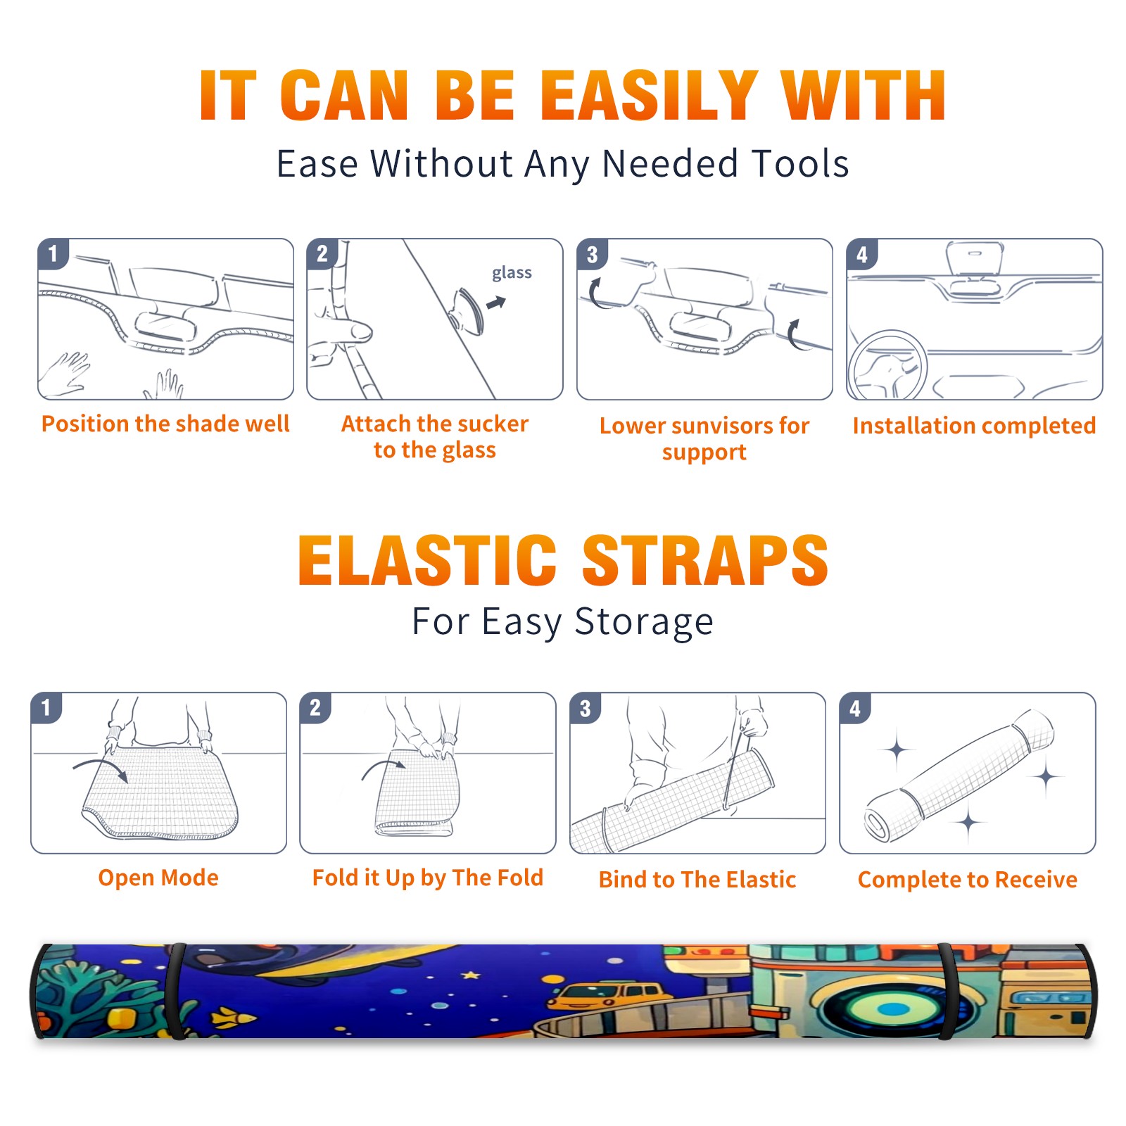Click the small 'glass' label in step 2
(512, 273)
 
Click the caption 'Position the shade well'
(165, 424)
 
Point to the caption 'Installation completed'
(974, 426)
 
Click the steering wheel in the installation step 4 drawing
(887, 366)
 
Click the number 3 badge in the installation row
(592, 254)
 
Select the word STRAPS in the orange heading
(705, 560)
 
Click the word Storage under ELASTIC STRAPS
(644, 622)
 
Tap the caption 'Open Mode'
(158, 878)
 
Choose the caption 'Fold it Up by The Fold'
(428, 878)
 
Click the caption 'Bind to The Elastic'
(697, 880)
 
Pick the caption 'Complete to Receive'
(968, 880)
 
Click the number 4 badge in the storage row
(855, 708)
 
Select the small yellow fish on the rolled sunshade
(233, 1017)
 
